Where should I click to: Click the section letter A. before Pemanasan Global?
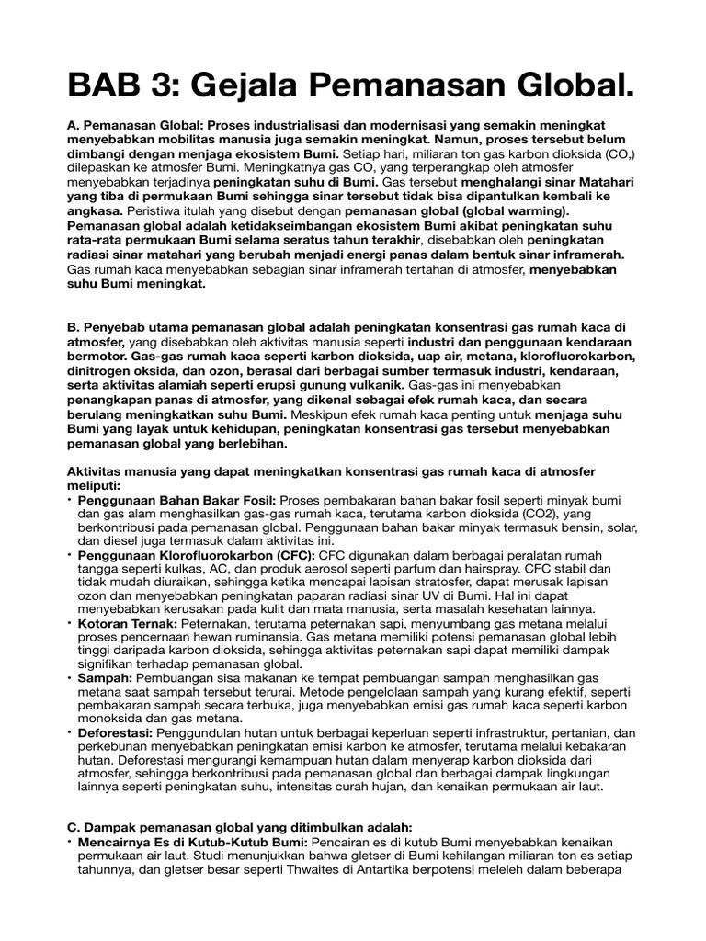point(74,124)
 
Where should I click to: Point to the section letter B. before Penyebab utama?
point(74,326)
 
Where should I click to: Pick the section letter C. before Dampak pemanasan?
point(74,827)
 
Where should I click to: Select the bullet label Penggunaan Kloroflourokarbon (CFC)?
point(197,557)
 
